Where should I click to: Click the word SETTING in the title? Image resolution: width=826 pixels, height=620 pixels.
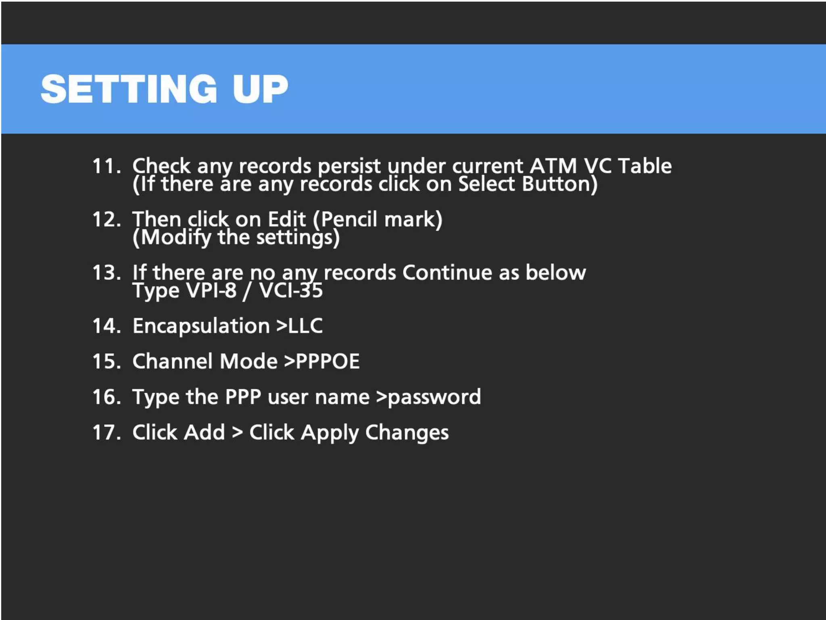coord(129,89)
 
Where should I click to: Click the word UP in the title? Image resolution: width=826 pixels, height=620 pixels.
coord(260,89)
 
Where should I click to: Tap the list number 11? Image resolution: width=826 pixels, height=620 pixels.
coord(106,166)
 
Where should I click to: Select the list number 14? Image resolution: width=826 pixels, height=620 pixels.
coord(106,326)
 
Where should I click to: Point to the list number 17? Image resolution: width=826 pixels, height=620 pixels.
coord(106,432)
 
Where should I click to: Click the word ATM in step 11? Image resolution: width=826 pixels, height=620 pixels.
coord(553,166)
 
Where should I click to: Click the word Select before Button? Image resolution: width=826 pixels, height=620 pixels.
coord(486,184)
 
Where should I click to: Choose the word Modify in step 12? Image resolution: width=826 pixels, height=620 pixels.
coord(176,237)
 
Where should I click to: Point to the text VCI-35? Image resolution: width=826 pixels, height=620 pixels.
coord(291,291)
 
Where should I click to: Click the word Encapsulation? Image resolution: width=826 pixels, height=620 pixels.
coord(201,326)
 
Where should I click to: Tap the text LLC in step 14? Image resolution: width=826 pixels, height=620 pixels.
coord(305,326)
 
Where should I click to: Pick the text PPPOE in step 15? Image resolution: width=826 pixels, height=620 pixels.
coord(327,361)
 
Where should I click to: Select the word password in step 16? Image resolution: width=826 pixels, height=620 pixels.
coord(434,397)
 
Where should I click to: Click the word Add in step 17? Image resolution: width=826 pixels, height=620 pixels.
coord(204,432)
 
